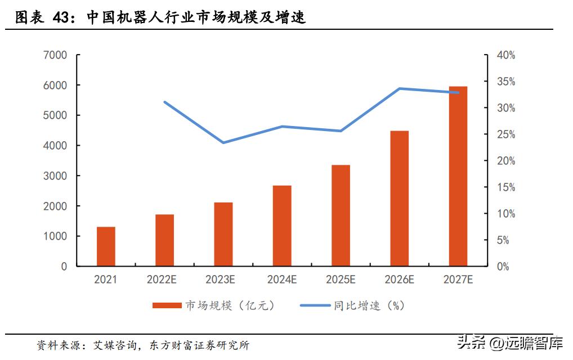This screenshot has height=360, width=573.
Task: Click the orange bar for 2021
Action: (x=106, y=246)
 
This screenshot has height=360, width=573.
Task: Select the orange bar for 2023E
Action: (x=223, y=234)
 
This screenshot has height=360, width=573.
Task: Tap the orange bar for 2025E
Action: (x=341, y=215)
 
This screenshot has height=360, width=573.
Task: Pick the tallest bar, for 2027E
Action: (x=458, y=176)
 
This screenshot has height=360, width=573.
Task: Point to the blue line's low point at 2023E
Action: (x=223, y=142)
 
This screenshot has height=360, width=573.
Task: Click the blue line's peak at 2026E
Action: (x=399, y=88)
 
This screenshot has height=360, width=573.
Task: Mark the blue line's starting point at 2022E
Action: (x=164, y=102)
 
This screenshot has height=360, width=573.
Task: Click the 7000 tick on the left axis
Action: (x=55, y=55)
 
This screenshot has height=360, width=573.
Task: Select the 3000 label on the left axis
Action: (x=55, y=176)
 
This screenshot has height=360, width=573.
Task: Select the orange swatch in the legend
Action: (x=167, y=305)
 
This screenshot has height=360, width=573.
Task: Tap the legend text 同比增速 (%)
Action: (x=369, y=305)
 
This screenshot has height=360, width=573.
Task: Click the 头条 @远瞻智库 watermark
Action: (x=509, y=343)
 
